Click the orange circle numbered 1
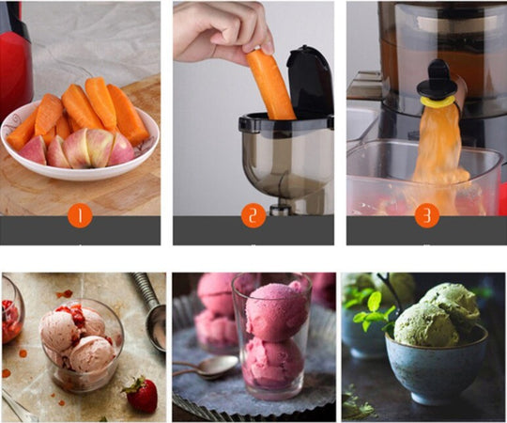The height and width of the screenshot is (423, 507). pyautogui.click(x=81, y=216)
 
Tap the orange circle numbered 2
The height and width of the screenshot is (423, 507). pyautogui.click(x=253, y=216)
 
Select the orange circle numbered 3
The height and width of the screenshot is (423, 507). pyautogui.click(x=427, y=216)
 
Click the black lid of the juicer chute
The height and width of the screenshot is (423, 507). pyautogui.click(x=311, y=79)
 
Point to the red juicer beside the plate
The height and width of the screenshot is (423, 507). pyautogui.click(x=15, y=66)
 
